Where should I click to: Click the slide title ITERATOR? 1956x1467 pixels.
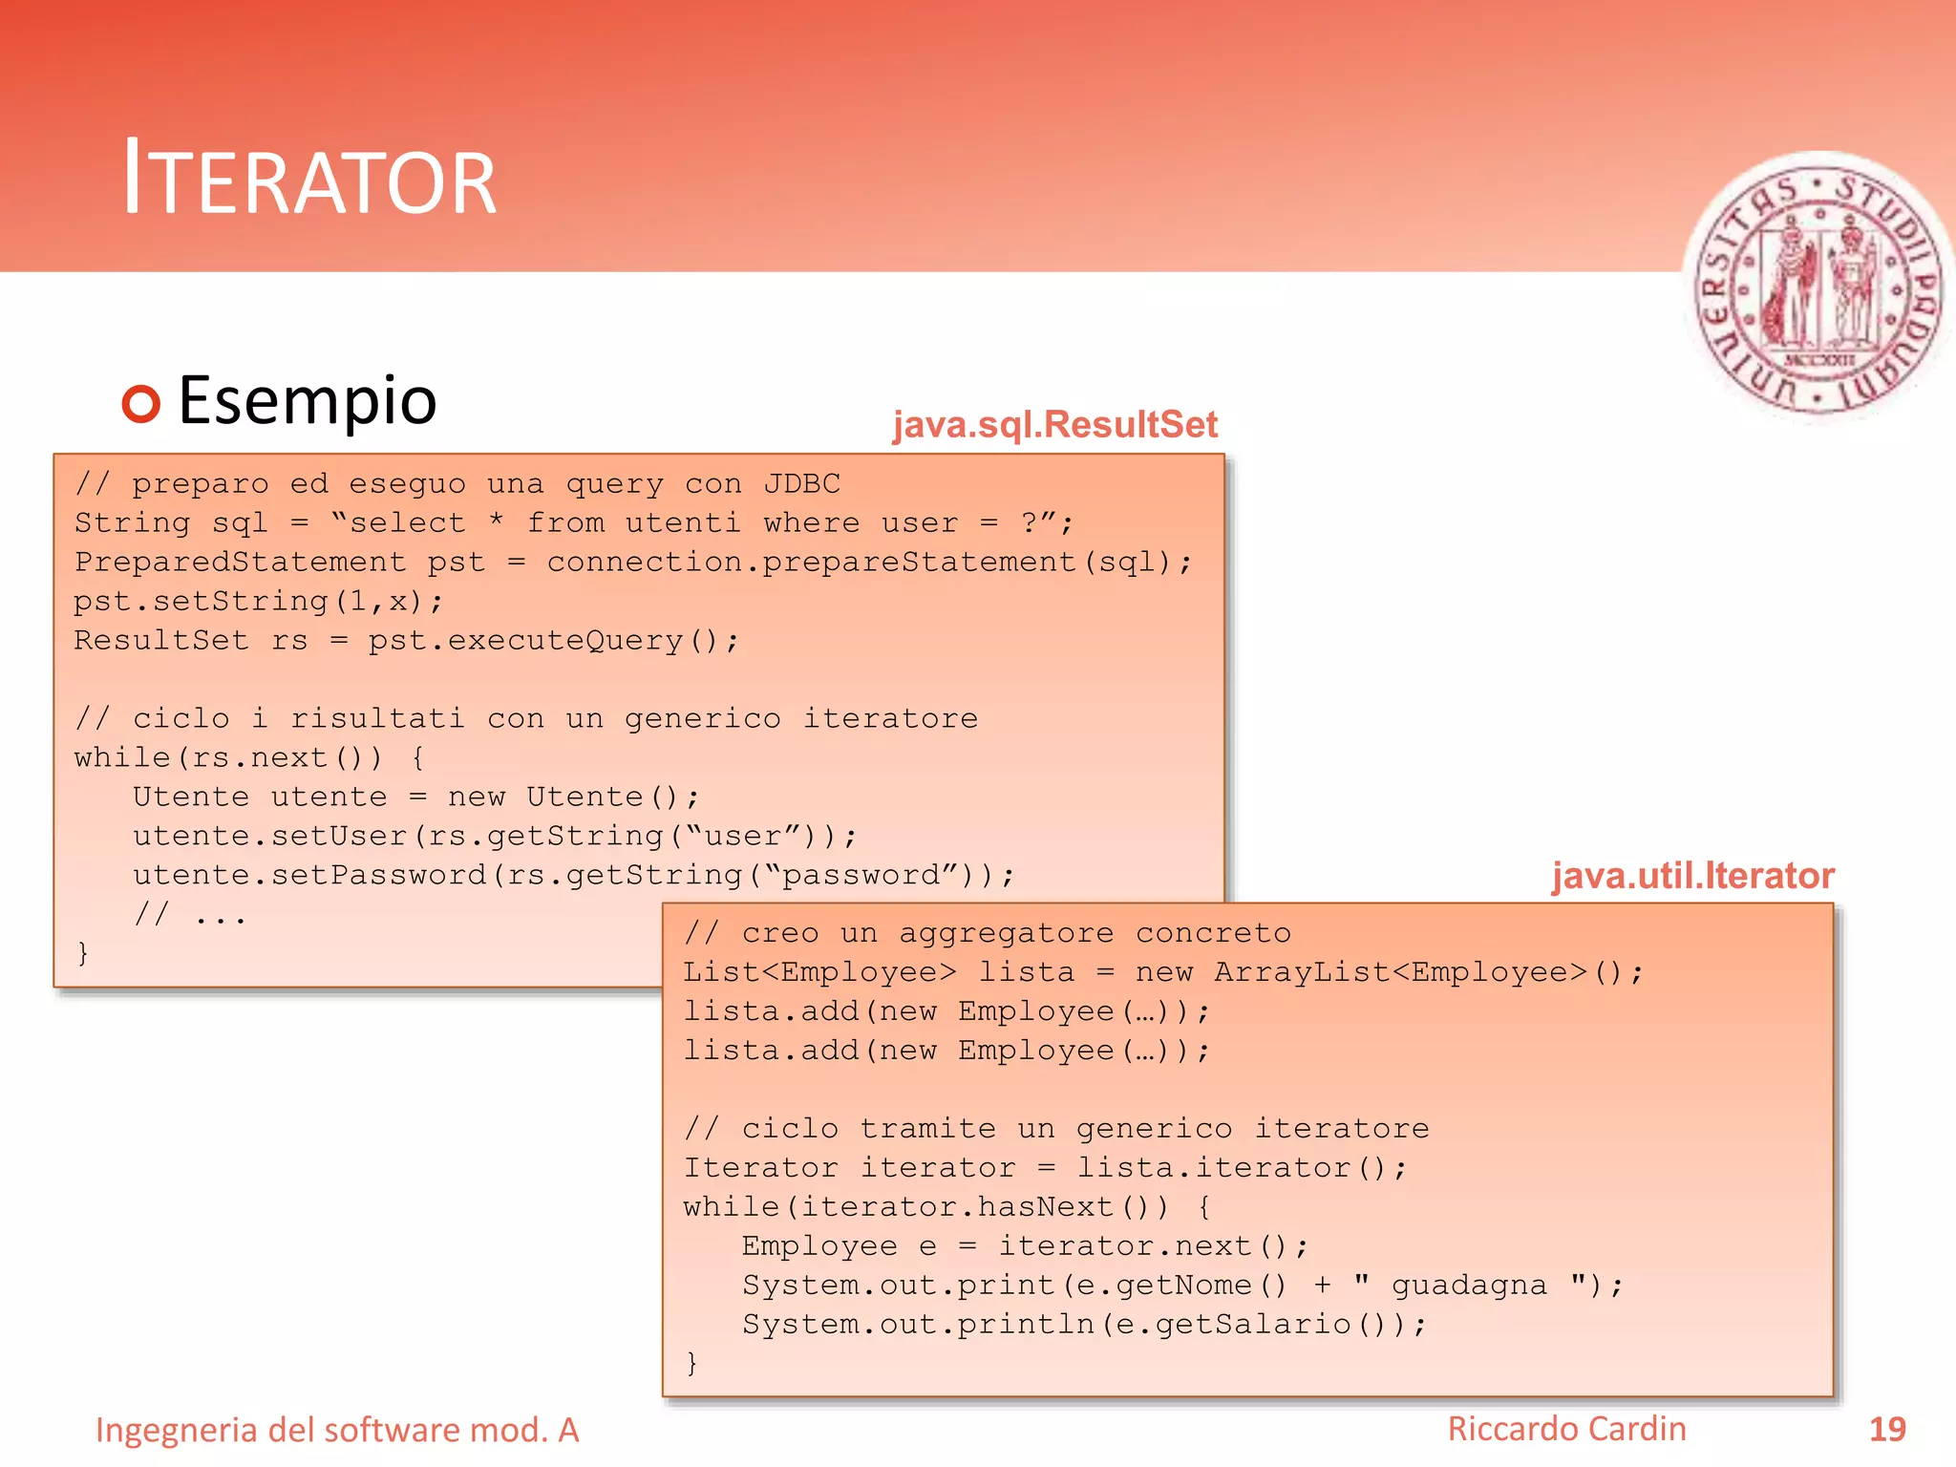click(309, 179)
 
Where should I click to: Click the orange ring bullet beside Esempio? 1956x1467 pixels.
click(141, 403)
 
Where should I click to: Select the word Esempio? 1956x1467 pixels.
click(308, 400)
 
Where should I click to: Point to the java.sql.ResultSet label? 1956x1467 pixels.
click(1054, 424)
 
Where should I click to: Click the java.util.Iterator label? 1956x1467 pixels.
click(1692, 875)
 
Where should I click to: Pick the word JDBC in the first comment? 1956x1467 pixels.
click(801, 484)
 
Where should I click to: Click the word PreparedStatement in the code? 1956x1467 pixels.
click(240, 562)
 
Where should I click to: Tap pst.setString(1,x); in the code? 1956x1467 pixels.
click(258, 601)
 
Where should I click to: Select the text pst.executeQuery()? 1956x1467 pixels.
click(553, 640)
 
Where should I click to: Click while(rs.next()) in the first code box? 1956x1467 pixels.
click(228, 757)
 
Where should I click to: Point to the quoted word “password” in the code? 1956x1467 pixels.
click(860, 875)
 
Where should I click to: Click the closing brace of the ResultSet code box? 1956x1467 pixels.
click(83, 952)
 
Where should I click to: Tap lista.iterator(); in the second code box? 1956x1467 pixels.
click(1241, 1168)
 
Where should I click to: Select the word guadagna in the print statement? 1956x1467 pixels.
click(1468, 1286)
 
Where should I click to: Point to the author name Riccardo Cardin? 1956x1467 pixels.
click(1566, 1429)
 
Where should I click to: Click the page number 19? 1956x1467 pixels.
click(1886, 1429)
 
